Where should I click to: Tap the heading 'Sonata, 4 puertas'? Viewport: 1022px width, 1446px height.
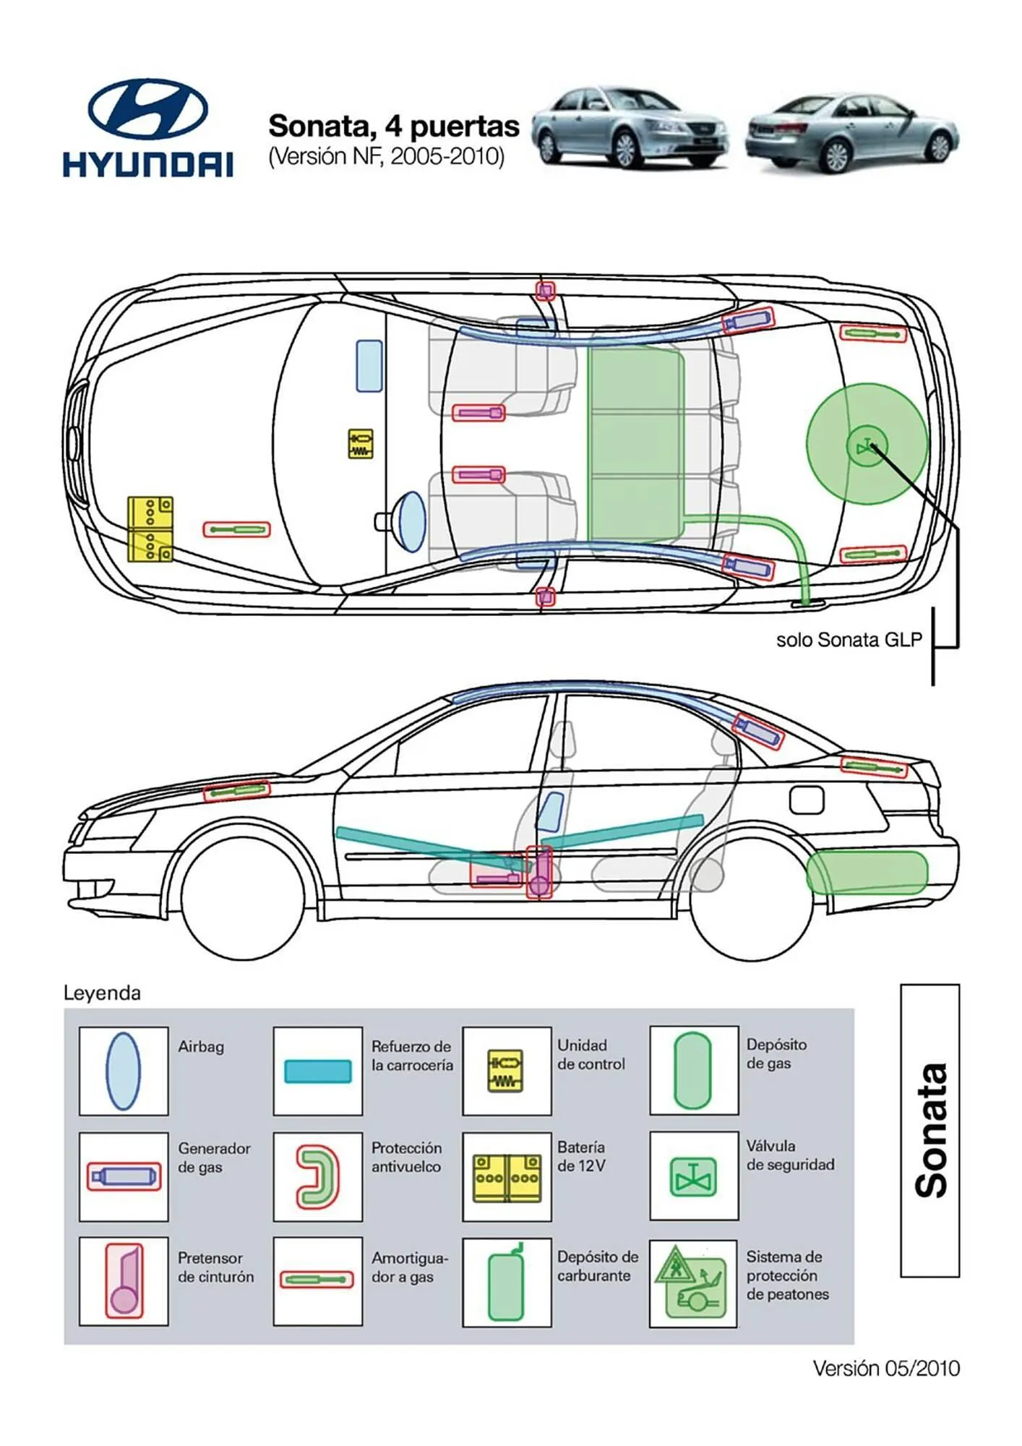click(x=394, y=127)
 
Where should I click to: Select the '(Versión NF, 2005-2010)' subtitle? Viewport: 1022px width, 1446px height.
click(x=386, y=156)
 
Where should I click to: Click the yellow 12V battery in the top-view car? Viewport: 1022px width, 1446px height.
click(x=150, y=529)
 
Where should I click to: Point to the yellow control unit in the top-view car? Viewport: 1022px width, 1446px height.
click(x=361, y=444)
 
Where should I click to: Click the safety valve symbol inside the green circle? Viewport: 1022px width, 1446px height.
click(x=867, y=445)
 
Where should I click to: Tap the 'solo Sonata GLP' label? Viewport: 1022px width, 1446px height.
click(x=849, y=640)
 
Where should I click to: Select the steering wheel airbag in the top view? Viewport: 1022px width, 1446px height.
click(x=411, y=521)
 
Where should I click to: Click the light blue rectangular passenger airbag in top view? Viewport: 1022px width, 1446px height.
click(x=369, y=366)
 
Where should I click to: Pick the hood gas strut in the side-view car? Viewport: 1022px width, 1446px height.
click(x=236, y=791)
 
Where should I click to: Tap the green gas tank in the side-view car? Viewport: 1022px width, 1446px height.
click(x=867, y=873)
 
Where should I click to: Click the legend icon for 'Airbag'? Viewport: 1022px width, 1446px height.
click(x=123, y=1071)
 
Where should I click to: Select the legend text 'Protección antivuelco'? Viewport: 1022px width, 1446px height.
click(x=406, y=1157)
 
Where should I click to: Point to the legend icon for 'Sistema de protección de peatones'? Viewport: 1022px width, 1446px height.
click(x=692, y=1284)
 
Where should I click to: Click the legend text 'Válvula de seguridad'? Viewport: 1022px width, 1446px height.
click(x=790, y=1155)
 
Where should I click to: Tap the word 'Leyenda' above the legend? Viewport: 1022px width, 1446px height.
click(x=102, y=993)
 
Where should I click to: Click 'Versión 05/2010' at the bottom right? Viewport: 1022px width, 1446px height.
click(x=886, y=1369)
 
